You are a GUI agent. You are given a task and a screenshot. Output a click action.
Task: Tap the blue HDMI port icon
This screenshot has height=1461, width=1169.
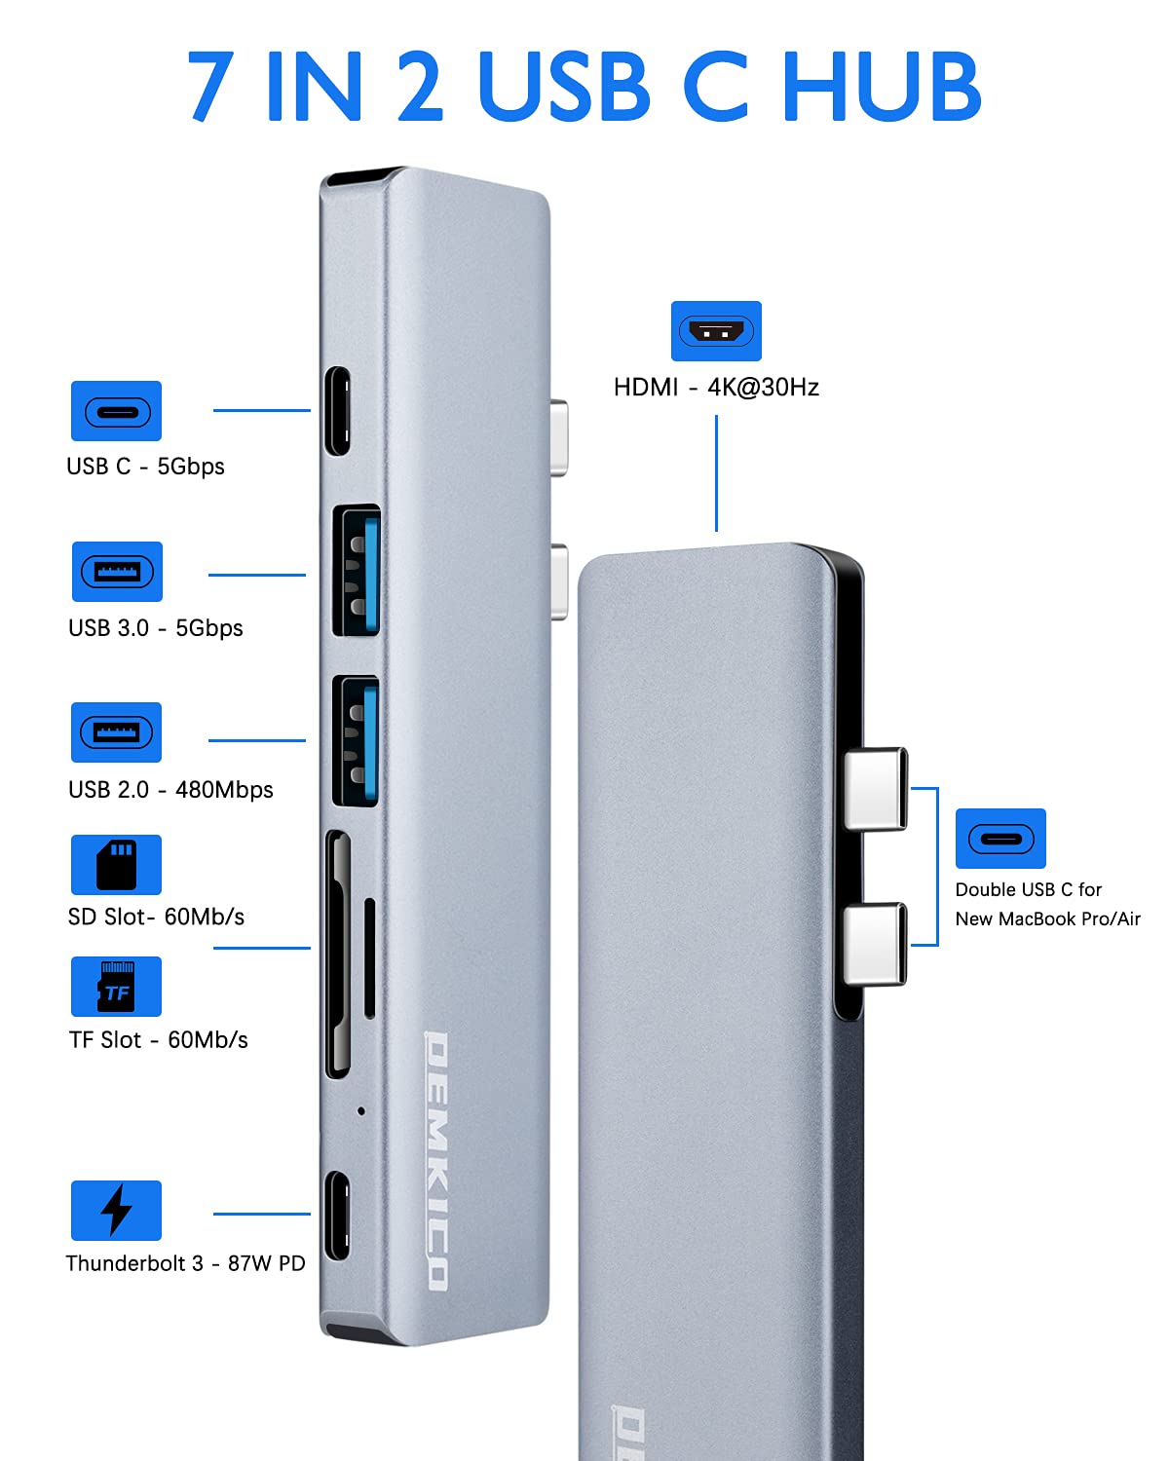coord(716,331)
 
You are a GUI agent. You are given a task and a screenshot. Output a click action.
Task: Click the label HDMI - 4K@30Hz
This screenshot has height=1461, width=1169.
coord(716,388)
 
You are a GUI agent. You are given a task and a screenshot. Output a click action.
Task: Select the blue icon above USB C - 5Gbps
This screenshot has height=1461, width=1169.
coord(116,411)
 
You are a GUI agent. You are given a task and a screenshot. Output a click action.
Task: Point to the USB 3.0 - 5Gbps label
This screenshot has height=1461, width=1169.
coord(156,628)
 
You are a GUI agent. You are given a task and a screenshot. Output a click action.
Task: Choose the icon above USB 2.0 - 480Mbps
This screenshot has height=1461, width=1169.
coord(116,731)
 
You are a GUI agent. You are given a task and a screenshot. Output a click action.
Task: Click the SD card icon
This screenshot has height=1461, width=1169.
coord(116,864)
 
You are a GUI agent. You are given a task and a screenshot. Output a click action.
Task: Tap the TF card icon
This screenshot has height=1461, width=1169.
coord(116,987)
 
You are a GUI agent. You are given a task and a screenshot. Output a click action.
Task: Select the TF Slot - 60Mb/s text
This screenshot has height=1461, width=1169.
coord(159,1040)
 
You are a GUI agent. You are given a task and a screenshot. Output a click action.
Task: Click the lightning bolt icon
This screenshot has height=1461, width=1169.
coord(116,1210)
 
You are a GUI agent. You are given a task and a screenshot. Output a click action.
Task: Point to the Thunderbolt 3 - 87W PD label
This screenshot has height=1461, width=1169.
coord(185,1263)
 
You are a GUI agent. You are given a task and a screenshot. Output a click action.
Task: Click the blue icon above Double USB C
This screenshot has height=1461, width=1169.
coord(1000,839)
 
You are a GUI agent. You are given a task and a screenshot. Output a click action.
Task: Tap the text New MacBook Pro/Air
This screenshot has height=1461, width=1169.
coord(1047,918)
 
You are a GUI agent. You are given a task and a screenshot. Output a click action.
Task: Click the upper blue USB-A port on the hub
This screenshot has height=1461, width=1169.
coord(357,571)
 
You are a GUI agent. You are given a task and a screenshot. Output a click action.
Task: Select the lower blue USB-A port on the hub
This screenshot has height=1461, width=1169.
coord(357,741)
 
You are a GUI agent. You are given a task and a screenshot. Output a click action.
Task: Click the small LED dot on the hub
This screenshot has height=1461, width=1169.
coord(361,1110)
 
